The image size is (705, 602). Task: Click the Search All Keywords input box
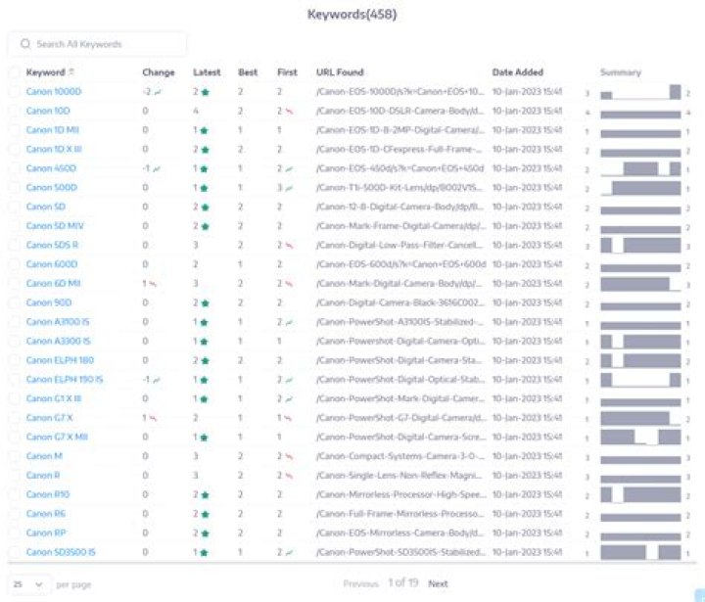[98, 44]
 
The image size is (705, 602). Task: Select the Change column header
[158, 72]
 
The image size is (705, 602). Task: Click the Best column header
[247, 72]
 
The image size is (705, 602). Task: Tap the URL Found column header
[340, 72]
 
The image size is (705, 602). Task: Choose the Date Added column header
[517, 72]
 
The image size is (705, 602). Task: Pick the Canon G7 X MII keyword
[57, 437]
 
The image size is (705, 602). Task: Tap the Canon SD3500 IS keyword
[61, 552]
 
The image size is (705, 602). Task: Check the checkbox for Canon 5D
[14, 208]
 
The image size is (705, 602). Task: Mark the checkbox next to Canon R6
[14, 514]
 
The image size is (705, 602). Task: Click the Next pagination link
[438, 583]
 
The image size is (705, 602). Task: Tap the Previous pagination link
[360, 583]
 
